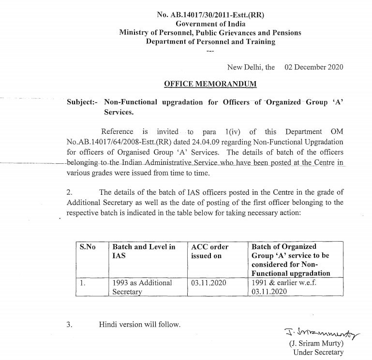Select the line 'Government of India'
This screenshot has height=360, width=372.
[210, 24]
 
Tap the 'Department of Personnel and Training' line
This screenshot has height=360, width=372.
[210, 42]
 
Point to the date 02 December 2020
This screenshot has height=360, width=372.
[314, 67]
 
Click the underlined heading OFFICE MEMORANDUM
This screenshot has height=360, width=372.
[210, 84]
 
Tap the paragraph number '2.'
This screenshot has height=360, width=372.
[70, 192]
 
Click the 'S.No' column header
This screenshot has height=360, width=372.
[88, 247]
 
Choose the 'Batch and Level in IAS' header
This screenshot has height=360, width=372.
[144, 251]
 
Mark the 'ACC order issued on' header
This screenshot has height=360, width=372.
[210, 251]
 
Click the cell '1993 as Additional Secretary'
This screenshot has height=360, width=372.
[142, 287]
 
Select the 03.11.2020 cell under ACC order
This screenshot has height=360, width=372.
[208, 283]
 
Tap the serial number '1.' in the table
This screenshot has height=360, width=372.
[83, 283]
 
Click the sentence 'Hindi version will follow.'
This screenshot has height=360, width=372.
[139, 324]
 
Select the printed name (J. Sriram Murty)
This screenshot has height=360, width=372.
[316, 344]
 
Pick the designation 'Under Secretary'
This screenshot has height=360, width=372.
[318, 352]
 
